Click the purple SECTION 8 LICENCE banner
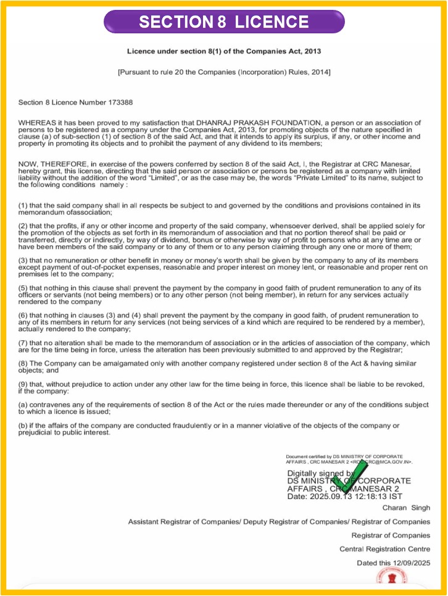223,22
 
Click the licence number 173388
120,103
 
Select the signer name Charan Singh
406,508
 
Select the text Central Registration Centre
384,549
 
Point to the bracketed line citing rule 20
223,72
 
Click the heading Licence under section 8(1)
223,51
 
